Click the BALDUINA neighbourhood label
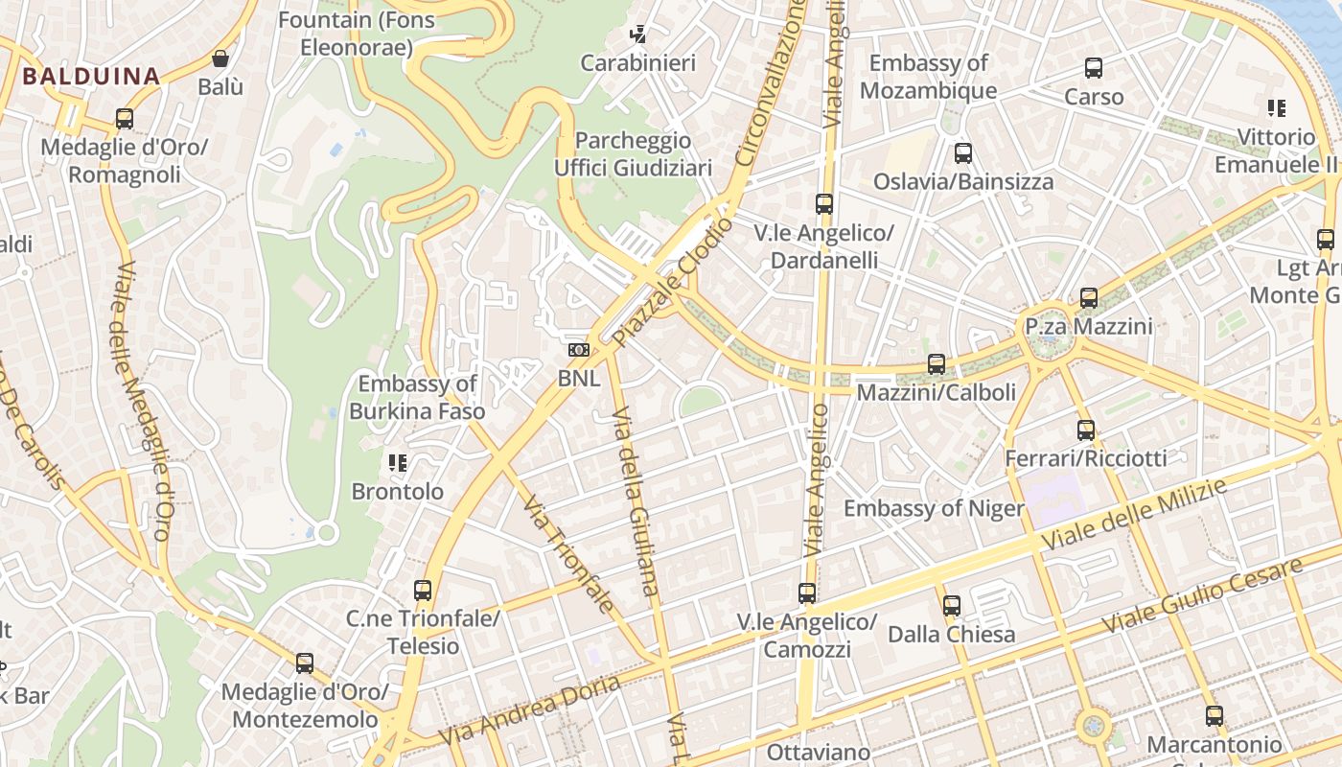click(91, 76)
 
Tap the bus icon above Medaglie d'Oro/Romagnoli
click(125, 119)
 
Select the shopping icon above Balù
click(220, 58)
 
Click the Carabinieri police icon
click(637, 35)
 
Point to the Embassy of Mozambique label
click(928, 77)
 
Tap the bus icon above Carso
click(1094, 68)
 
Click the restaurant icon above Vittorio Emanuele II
click(1276, 108)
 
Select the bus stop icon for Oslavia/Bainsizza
click(963, 153)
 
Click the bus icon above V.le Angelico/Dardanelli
click(823, 203)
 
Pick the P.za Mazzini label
click(1089, 327)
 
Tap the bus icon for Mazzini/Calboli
click(937, 364)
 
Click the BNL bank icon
click(579, 351)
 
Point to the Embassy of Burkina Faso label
click(417, 398)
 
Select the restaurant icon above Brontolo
click(398, 464)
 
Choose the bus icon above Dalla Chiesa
click(951, 606)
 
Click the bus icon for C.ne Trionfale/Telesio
click(423, 591)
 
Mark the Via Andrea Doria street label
click(530, 710)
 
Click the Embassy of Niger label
click(934, 508)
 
